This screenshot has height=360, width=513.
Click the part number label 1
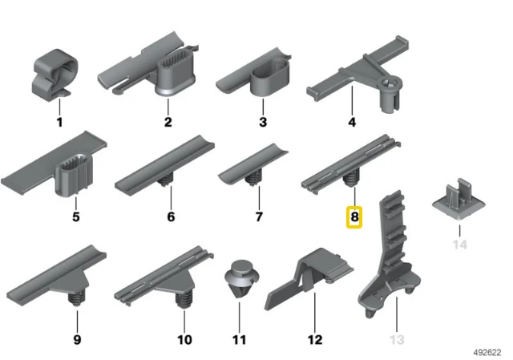pos(59,123)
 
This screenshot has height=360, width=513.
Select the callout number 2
pos(168,122)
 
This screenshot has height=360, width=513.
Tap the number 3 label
pos(263,122)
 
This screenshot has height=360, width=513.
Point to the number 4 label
pos(352,122)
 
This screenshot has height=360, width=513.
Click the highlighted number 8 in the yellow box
pos(354,216)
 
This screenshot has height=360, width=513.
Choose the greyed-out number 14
pos(459,245)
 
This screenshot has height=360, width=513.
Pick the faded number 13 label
pos(397,340)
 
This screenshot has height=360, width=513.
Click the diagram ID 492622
pos(487,352)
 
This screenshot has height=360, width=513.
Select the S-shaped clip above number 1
pos(55,75)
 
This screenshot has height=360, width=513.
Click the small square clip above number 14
pos(458,199)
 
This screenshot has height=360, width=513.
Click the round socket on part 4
pos(390,92)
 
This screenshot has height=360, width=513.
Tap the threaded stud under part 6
pos(166,179)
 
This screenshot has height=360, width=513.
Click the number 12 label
pos(315,340)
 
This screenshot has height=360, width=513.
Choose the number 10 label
pos(184,340)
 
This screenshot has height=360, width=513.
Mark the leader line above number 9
pos(77,321)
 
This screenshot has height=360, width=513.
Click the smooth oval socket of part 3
pos(270,78)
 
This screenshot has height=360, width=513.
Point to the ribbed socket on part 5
pos(74,174)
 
